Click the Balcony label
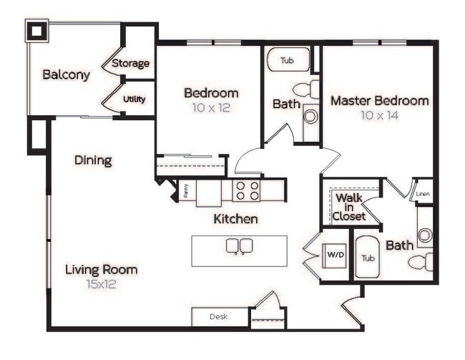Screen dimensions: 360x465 66,74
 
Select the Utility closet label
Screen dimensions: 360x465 134,99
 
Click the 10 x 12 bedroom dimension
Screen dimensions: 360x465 211,108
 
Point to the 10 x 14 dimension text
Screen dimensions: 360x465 379,115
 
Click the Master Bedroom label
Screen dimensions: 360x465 379,100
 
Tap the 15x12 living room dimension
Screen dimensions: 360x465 102,284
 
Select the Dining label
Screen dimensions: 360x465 93,160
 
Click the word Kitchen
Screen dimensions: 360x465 235,219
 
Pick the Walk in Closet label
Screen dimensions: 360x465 349,206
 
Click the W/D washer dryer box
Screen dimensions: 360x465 334,254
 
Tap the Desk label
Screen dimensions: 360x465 219,316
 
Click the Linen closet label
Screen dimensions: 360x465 423,193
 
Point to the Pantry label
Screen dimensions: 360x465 185,190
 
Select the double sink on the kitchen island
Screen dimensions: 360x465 238,246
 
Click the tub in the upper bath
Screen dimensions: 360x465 288,60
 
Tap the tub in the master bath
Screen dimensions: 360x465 368,258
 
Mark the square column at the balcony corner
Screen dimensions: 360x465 36,32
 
